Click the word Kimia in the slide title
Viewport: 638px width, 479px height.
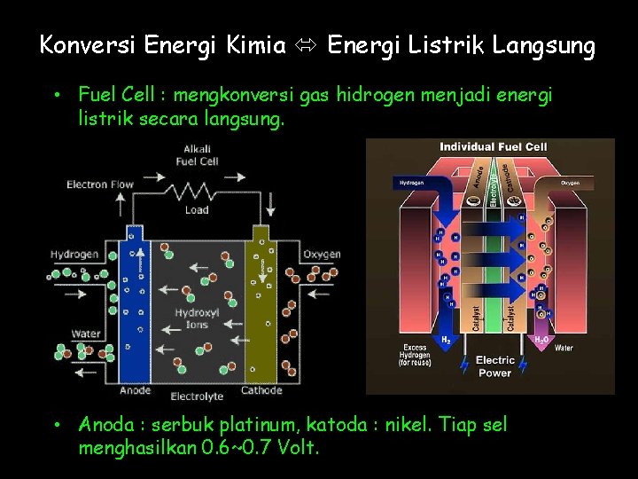click(256, 45)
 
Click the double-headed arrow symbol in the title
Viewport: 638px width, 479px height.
click(307, 46)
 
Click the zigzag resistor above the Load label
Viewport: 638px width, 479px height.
click(197, 192)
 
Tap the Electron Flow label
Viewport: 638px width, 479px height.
click(100, 185)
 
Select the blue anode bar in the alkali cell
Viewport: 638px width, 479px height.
click(134, 306)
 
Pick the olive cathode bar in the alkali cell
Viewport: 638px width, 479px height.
click(261, 306)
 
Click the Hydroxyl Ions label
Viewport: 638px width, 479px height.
click(197, 318)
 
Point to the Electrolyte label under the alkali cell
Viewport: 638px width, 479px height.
click(197, 396)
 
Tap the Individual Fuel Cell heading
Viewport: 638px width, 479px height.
click(494, 146)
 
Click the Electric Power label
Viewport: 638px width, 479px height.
click(494, 366)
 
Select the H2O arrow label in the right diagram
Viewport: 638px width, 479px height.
click(538, 340)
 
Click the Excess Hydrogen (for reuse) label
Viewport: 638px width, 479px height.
click(415, 356)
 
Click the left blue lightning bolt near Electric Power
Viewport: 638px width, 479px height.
click(464, 364)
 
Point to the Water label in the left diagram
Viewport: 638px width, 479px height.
click(86, 334)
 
